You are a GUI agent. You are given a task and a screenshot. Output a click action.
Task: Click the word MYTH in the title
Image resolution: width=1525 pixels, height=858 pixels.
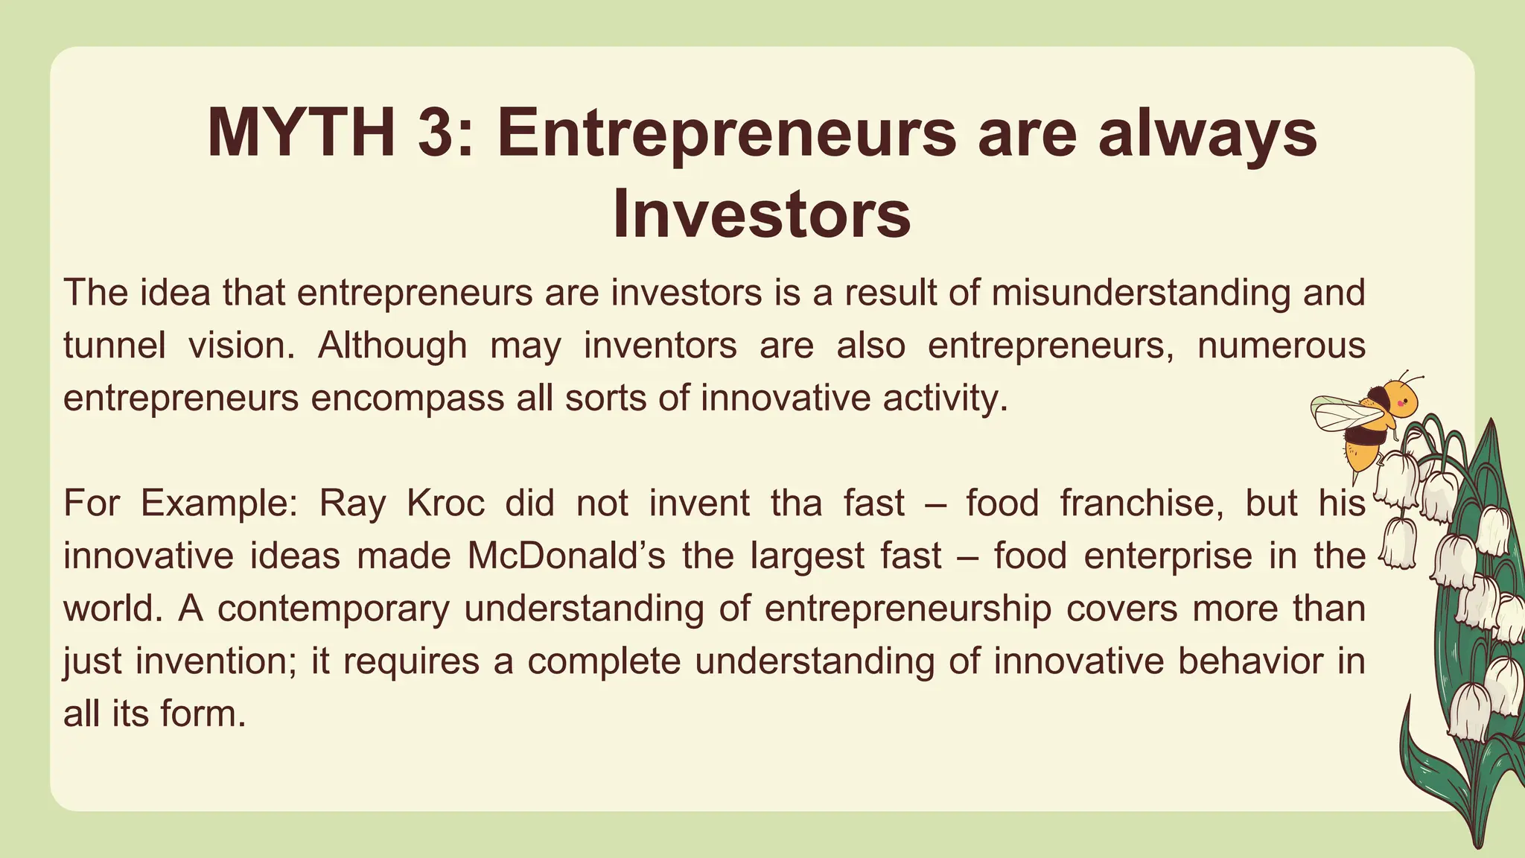pyautogui.click(x=301, y=134)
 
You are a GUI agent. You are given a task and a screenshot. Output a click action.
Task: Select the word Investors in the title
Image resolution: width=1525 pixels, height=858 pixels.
pyautogui.click(x=762, y=214)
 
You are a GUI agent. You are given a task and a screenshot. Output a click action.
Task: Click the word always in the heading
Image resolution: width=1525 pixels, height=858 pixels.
pyautogui.click(x=1207, y=134)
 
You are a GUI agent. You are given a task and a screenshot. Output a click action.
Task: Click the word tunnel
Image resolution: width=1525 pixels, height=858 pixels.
pyautogui.click(x=114, y=346)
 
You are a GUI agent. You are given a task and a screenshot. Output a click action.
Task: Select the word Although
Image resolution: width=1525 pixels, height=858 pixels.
pyautogui.click(x=392, y=346)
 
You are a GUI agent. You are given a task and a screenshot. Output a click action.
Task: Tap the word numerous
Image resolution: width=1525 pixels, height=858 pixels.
pyautogui.click(x=1281, y=346)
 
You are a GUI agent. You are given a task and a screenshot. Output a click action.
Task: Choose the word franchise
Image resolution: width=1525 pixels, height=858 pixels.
pyautogui.click(x=1142, y=503)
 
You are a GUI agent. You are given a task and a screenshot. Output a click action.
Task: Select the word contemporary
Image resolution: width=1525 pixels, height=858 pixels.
pyautogui.click(x=334, y=608)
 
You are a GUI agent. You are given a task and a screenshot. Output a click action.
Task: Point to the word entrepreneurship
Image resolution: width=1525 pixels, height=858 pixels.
pyautogui.click(x=908, y=608)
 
